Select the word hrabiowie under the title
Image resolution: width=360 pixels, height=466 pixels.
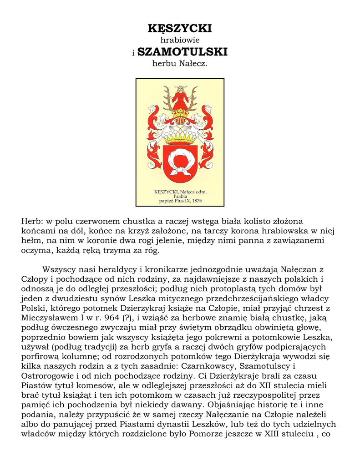pyautogui.click(x=180, y=40)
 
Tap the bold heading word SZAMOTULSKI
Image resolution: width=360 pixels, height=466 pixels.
pyautogui.click(x=182, y=52)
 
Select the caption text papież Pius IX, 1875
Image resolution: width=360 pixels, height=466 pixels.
pyautogui.click(x=180, y=200)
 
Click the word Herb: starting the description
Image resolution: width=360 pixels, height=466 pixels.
pyautogui.click(x=31, y=221)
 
